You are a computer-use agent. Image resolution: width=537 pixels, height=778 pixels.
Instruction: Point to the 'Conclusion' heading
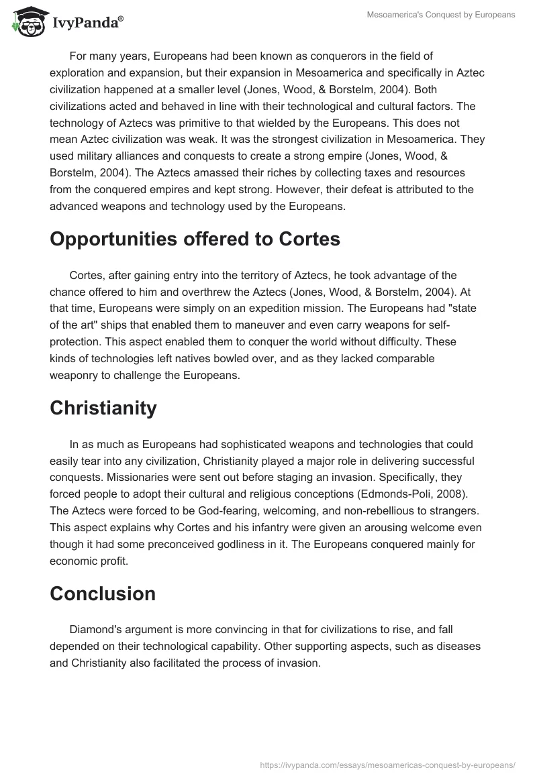click(x=103, y=594)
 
